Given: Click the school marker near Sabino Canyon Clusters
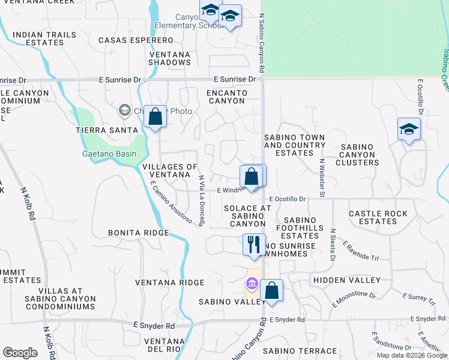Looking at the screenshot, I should [409, 129].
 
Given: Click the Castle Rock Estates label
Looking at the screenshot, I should [378, 217].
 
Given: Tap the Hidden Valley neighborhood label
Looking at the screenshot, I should [346, 280].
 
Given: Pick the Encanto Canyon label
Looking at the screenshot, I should [226, 97].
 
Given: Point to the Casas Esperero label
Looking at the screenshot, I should [136, 40].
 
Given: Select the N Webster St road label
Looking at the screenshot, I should [322, 178].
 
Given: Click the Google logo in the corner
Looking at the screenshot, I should [20, 353].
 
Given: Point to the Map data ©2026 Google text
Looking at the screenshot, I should [412, 356].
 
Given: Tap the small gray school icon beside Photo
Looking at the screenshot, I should [124, 110].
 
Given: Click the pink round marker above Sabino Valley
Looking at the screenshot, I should [251, 284].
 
